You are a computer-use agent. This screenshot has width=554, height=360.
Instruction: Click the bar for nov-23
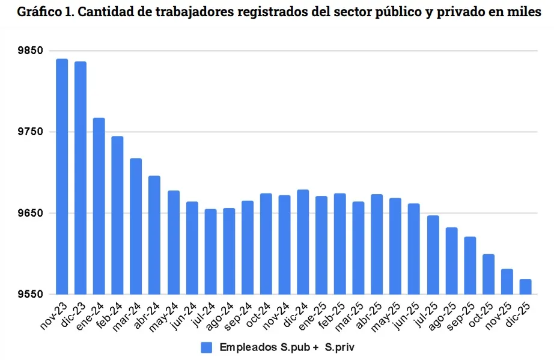pos(62,177)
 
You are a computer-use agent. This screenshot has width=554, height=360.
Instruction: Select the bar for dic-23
pos(81,178)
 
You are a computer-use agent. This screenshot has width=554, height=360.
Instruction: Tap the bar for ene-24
pos(99,206)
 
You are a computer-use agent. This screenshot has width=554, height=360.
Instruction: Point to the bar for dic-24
pos(303,242)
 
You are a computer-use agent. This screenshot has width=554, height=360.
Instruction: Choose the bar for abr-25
pos(377,245)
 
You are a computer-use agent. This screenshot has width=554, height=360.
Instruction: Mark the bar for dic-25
pos(525,287)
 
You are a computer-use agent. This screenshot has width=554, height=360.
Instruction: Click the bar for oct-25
pos(488,274)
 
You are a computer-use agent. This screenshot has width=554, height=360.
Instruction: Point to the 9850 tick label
pos(31,51)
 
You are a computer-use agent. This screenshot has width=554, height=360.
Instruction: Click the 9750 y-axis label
pos(31,132)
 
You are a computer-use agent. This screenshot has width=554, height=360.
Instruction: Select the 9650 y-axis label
pos(31,213)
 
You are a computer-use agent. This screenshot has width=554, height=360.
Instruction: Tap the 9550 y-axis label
pos(31,294)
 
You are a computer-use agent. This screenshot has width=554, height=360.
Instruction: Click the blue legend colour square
pos(207,347)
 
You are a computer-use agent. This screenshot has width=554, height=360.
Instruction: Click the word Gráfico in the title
pos(38,13)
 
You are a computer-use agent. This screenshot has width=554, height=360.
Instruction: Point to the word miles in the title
pos(527,13)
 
